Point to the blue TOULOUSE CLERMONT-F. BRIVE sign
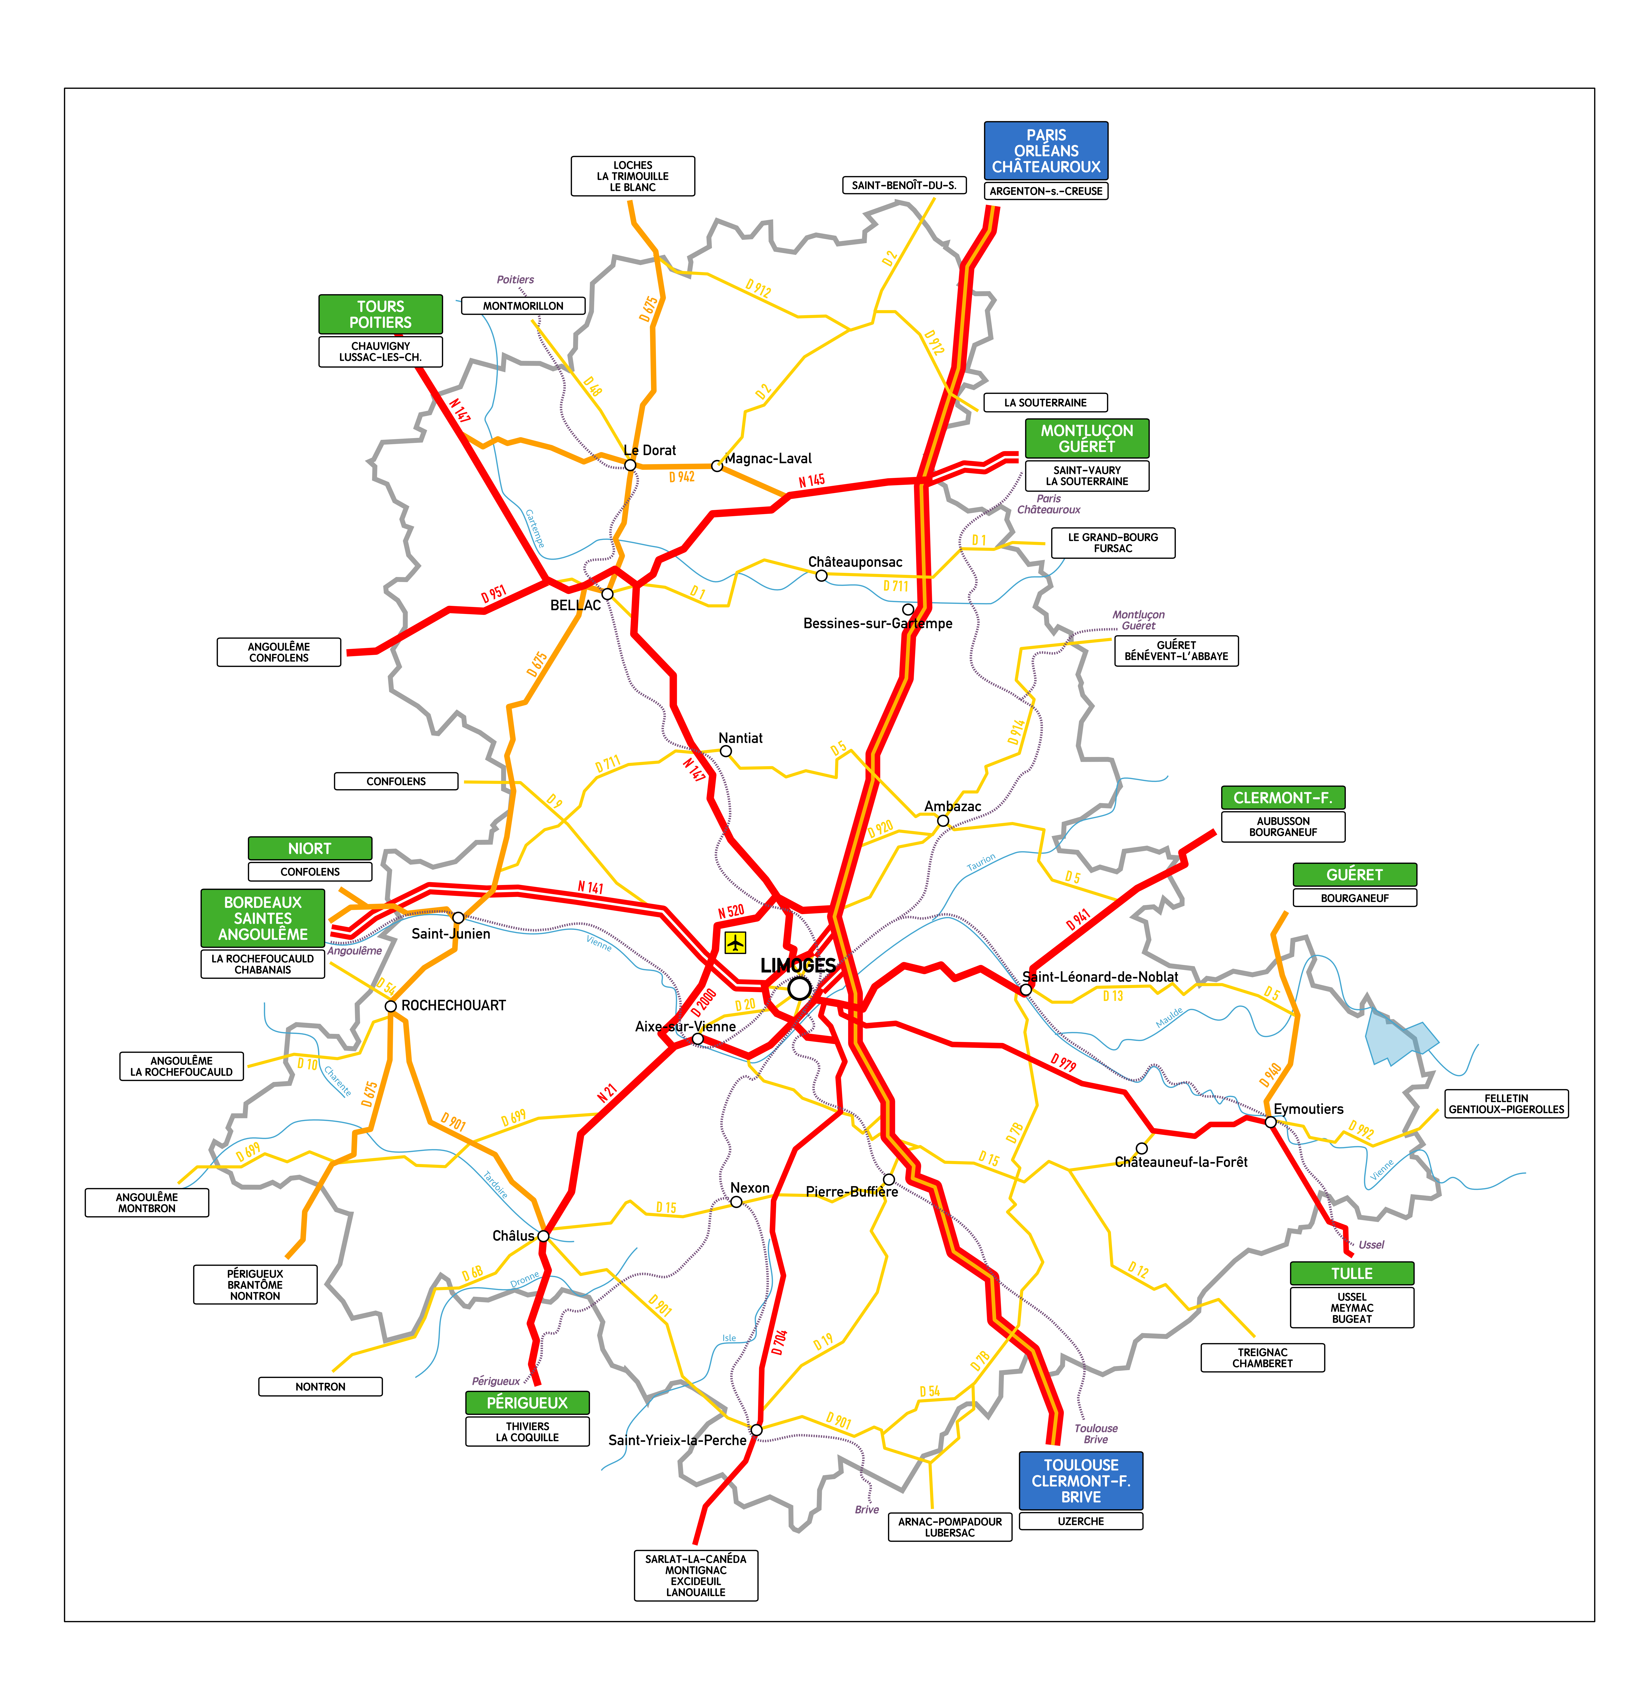point(1081,1481)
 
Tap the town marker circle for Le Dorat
point(630,465)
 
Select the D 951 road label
point(493,594)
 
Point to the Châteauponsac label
point(855,562)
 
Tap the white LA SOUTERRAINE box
point(1045,402)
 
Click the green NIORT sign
point(310,848)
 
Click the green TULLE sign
point(1352,1273)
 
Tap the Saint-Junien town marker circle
point(458,917)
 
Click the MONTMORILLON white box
point(523,306)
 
